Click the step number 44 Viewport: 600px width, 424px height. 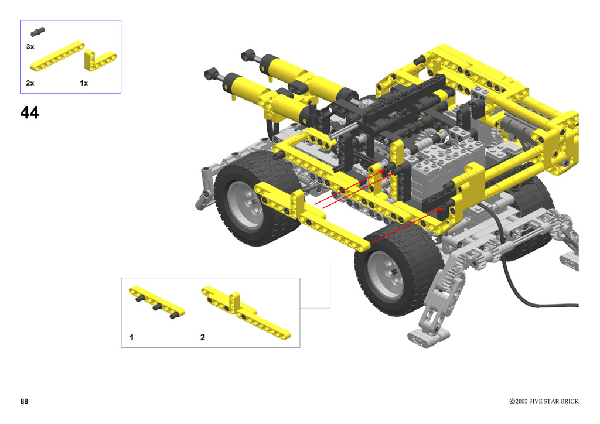tap(29, 112)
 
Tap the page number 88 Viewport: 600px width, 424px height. tap(24, 401)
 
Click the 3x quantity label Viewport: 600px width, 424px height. tap(30, 47)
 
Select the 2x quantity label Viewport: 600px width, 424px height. tap(30, 83)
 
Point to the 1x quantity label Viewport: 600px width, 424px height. tap(84, 83)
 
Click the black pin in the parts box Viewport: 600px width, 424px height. tap(38, 32)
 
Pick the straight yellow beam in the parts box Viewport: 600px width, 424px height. tap(57, 56)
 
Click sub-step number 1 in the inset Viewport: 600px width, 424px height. tap(132, 337)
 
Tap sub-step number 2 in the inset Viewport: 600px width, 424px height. tap(202, 337)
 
